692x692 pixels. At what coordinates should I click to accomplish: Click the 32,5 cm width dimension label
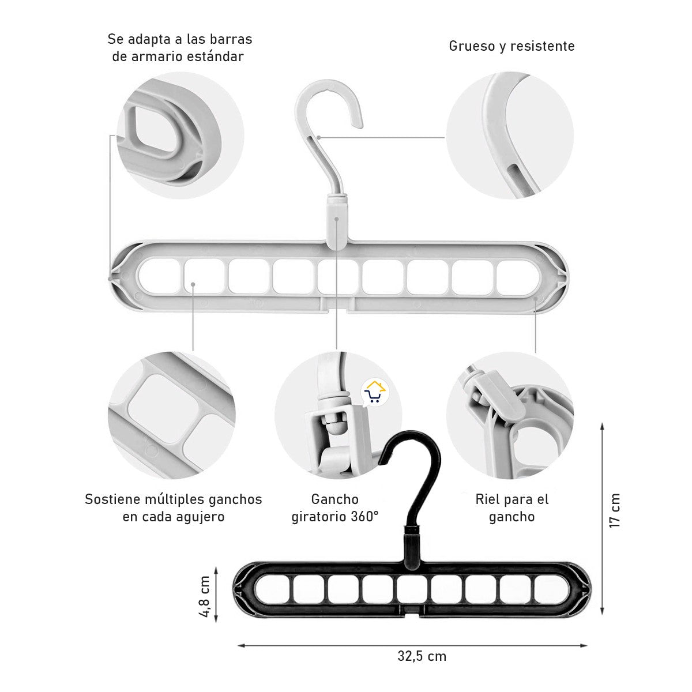422,656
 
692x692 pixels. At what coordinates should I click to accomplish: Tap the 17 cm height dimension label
615,510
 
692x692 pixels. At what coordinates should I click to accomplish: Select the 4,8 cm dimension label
205,596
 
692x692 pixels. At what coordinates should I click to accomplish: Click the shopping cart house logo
375,392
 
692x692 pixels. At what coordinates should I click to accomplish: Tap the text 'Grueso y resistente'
512,46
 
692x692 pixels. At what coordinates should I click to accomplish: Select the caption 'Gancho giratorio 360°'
335,508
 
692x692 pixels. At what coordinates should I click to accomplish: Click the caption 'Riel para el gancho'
512,508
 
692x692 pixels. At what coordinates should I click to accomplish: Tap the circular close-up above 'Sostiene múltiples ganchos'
172,416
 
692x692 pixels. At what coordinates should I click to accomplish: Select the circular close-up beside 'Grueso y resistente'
510,136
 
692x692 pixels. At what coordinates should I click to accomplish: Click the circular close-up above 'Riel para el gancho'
510,416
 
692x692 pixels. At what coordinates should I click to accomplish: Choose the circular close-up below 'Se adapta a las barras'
180,136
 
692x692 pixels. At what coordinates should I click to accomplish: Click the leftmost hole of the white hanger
159,277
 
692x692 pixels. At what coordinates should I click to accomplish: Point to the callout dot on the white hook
318,137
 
